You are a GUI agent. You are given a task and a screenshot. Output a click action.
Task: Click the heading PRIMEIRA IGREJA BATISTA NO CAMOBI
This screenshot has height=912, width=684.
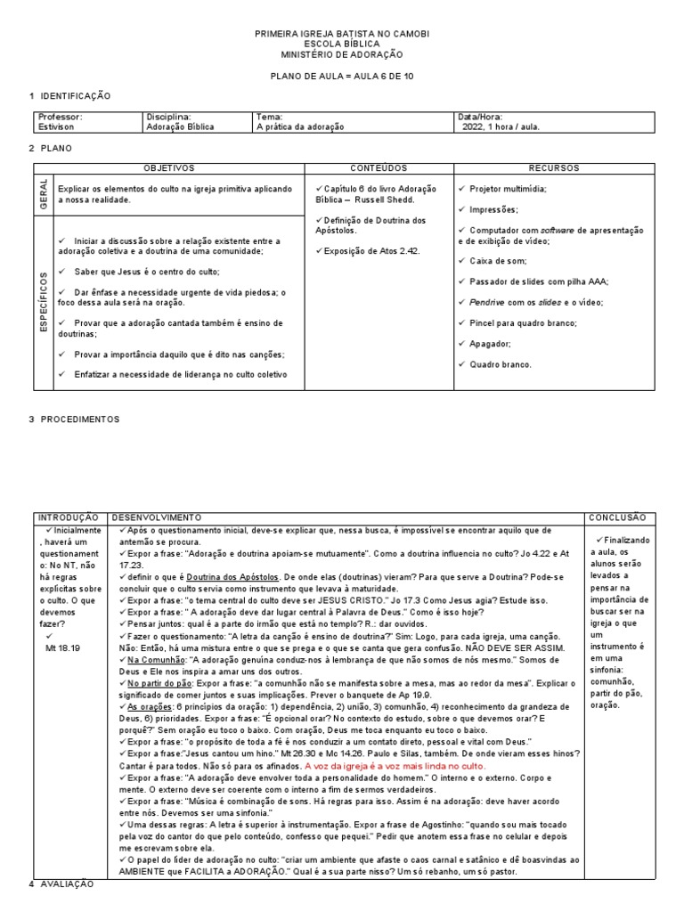coord(342,33)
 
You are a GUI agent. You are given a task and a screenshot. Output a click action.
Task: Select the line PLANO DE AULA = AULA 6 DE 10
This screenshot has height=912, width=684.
coord(342,77)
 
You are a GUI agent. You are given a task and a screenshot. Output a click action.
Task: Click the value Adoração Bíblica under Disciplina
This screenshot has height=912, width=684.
coord(180,126)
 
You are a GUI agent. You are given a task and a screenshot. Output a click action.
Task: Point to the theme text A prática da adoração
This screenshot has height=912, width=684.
coord(299,126)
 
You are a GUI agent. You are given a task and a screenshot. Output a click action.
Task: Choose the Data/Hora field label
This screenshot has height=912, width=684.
coord(479,117)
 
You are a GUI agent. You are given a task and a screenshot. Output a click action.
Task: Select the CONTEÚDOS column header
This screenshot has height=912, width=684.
coord(379,167)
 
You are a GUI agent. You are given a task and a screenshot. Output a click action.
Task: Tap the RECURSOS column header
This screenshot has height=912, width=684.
coord(553,167)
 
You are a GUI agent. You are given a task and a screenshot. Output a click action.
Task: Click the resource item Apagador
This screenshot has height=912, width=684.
coord(490,343)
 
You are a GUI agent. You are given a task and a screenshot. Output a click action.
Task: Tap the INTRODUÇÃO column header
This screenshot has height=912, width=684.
coord(69,517)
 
